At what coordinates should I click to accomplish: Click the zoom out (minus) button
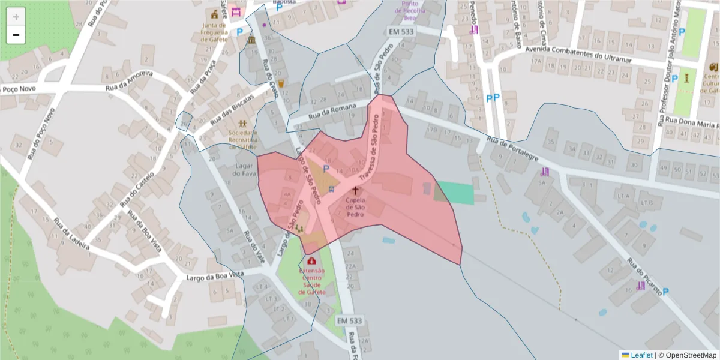pyautogui.click(x=16, y=35)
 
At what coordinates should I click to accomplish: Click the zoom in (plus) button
pyautogui.click(x=16, y=16)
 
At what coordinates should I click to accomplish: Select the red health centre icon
pyautogui.click(x=311, y=261)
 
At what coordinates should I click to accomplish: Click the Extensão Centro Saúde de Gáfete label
pyautogui.click(x=311, y=281)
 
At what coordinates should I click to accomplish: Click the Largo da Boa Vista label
pyautogui.click(x=215, y=275)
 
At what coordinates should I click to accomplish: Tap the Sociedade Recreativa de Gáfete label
pyautogui.click(x=242, y=140)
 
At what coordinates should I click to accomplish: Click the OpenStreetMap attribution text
pyautogui.click(x=687, y=355)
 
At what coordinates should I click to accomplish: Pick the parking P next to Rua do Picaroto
pyautogui.click(x=665, y=292)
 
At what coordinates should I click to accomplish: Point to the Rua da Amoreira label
pyautogui.click(x=130, y=81)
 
